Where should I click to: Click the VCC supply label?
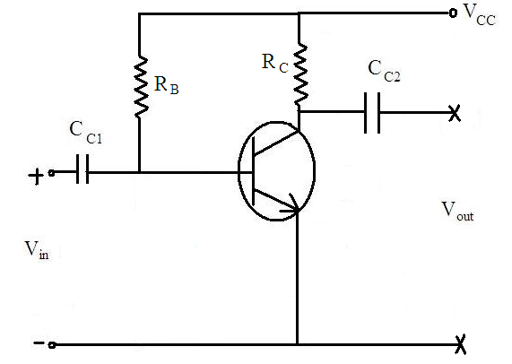point(480,14)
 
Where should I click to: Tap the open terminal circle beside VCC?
point(453,13)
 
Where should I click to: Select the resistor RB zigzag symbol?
point(141,87)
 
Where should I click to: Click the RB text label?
point(167,85)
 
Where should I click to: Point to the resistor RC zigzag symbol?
point(300,74)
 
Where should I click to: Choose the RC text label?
point(275,63)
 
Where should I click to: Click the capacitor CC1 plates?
point(82,169)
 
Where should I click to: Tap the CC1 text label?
point(86,132)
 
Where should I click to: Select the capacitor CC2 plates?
point(372,113)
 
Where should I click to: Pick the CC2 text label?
point(384,71)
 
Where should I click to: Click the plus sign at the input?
point(36,177)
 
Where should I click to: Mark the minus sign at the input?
point(39,342)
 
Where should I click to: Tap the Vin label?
point(37,250)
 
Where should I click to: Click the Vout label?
point(457,212)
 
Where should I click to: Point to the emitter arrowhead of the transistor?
point(291,205)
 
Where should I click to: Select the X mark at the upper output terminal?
point(455,114)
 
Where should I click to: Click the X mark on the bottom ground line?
point(460,345)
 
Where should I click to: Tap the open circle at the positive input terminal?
point(51,173)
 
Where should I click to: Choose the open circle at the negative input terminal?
point(52,345)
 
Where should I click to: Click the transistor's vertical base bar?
point(253,171)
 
